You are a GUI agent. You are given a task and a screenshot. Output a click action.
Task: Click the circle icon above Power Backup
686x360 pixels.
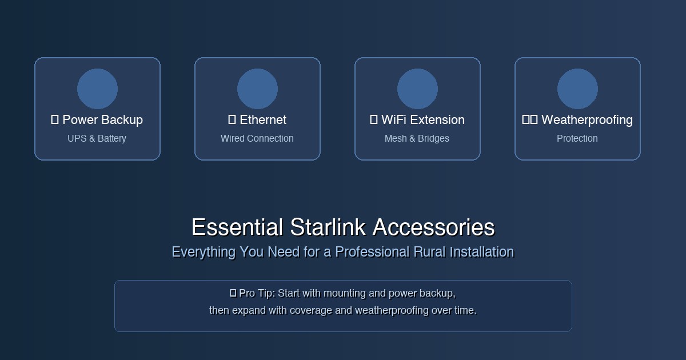click(97, 89)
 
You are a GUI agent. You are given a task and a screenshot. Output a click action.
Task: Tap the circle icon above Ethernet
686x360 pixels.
click(257, 89)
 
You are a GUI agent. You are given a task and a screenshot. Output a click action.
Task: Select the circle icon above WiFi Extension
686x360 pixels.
click(417, 89)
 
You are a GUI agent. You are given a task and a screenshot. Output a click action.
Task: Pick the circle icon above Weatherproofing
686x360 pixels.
click(577, 89)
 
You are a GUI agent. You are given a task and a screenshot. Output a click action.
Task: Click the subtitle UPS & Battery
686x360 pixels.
click(97, 138)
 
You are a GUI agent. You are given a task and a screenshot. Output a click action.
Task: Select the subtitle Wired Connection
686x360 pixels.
click(257, 138)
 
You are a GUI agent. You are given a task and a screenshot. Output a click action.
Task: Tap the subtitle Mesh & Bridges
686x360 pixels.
click(417, 138)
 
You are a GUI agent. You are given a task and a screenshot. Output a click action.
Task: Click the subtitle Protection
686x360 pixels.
click(577, 138)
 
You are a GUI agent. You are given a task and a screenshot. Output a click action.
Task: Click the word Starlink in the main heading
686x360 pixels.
click(328, 227)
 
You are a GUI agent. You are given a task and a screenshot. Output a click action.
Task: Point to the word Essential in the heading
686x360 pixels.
click(237, 227)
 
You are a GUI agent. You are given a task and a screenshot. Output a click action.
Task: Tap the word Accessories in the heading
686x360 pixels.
click(433, 227)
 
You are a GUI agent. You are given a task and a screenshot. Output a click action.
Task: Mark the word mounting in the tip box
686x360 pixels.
click(345, 293)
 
